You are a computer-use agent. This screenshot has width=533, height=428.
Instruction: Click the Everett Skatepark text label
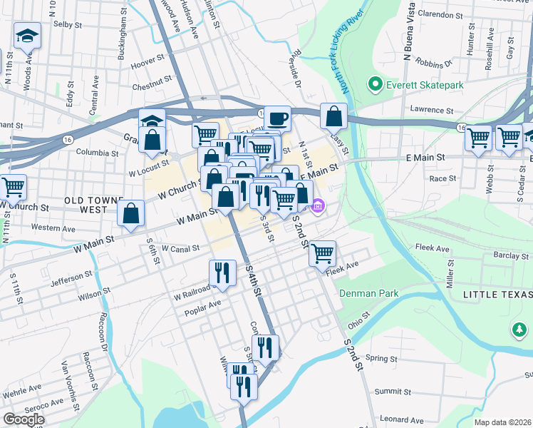click(x=425, y=86)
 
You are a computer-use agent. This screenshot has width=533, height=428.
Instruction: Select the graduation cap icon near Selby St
click(x=27, y=36)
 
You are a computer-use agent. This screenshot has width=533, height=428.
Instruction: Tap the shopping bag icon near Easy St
click(x=333, y=116)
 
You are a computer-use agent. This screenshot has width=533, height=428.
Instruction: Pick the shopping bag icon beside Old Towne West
click(x=132, y=213)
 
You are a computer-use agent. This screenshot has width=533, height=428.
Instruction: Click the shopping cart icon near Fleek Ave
click(x=323, y=253)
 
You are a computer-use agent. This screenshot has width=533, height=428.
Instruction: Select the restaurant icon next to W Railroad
click(x=222, y=272)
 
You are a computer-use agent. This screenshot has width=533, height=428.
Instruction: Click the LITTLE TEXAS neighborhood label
click(x=497, y=295)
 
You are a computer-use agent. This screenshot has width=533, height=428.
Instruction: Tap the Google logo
click(x=24, y=419)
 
